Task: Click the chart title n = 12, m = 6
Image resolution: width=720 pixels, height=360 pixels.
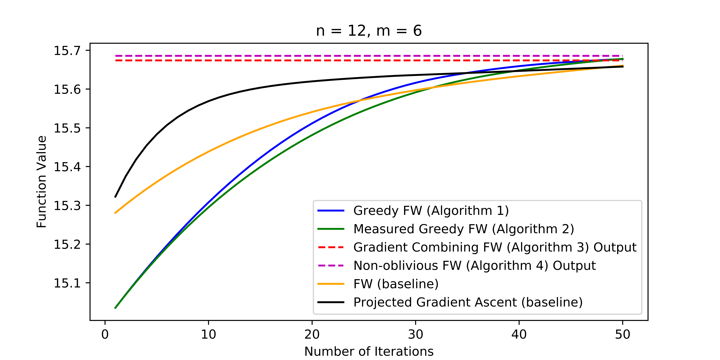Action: [x=369, y=31]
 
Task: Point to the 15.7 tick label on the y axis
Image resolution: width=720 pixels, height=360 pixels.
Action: [x=67, y=51]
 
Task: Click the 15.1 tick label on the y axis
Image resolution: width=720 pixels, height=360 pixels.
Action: [x=67, y=283]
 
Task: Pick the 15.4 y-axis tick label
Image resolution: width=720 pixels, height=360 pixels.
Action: [x=67, y=167]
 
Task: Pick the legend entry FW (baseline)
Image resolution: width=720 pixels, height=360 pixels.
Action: [x=396, y=284]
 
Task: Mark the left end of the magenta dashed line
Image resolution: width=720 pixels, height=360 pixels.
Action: [x=116, y=56]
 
